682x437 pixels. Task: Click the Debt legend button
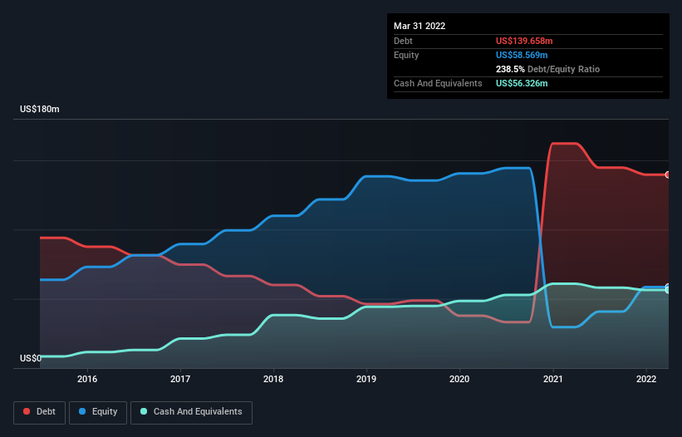[x=39, y=412]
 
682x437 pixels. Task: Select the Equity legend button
[x=98, y=412]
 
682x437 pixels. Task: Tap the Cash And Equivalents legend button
[x=191, y=412]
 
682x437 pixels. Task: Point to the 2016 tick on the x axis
[x=87, y=379]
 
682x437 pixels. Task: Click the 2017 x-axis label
[x=180, y=379]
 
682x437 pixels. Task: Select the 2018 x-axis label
[x=273, y=379]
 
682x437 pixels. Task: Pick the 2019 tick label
[x=366, y=379]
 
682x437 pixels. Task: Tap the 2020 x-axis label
[x=459, y=379]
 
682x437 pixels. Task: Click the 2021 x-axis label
[x=552, y=379]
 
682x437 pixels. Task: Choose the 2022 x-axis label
[x=645, y=379]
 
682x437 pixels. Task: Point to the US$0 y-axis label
[x=31, y=359]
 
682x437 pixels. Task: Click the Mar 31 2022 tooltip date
[x=420, y=26]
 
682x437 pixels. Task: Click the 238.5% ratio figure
[x=510, y=69]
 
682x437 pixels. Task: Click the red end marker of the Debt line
[x=668, y=174]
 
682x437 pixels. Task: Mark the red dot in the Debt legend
[x=27, y=412]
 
